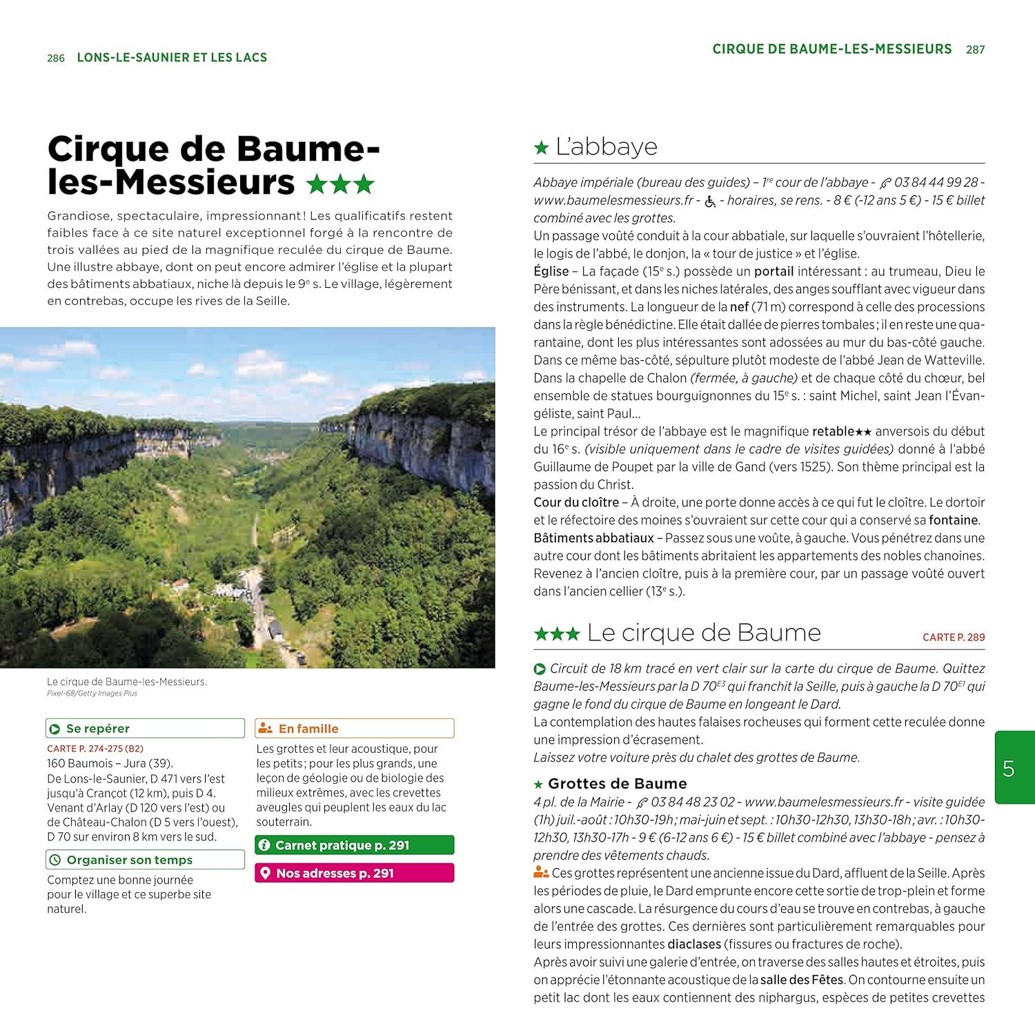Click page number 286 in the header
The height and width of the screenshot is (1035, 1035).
pos(56,58)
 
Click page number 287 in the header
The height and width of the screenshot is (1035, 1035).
pos(975,50)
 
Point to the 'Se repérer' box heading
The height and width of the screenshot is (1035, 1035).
pos(97,729)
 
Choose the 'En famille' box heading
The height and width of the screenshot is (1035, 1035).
pos(308,729)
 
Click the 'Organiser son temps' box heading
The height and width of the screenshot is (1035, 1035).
pos(129,860)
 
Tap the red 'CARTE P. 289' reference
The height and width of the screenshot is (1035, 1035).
pos(954,638)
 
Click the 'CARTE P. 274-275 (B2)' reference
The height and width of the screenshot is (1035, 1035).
pos(95,749)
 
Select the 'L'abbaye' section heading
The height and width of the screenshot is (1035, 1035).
pos(606,147)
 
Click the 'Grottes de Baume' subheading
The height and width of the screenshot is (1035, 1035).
pos(617,784)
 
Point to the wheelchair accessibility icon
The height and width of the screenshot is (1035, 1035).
pos(710,201)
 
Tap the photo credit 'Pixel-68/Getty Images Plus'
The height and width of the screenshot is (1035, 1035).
pos(92,693)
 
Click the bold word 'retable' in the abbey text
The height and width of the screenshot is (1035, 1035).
pos(833,432)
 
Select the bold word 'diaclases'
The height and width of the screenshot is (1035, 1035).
pos(693,944)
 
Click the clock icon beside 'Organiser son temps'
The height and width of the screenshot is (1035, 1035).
pos(55,860)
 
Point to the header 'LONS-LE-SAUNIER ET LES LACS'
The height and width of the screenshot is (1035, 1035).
pos(172,58)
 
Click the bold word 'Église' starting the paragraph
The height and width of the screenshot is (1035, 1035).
pos(551,272)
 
